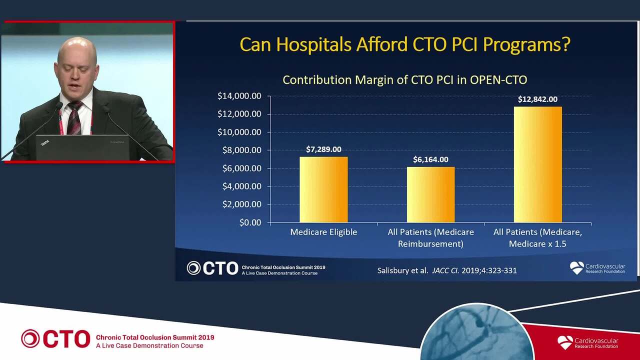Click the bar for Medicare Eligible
pyautogui.click(x=323, y=189)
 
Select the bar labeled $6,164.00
pyautogui.click(x=430, y=194)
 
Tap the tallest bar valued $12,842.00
pyautogui.click(x=537, y=164)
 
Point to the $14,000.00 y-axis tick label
pyautogui.click(x=239, y=96)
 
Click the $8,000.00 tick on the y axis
pyautogui.click(x=241, y=150)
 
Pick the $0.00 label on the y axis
pyautogui.click(x=250, y=222)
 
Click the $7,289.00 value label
pyautogui.click(x=323, y=149)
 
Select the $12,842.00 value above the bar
pyautogui.click(x=537, y=99)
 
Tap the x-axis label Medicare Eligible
pyautogui.click(x=323, y=232)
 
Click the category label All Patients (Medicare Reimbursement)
pyautogui.click(x=430, y=237)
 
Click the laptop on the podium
pyautogui.click(x=82, y=147)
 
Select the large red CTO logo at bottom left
pyautogui.click(x=55, y=338)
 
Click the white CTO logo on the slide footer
pyautogui.click(x=212, y=268)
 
